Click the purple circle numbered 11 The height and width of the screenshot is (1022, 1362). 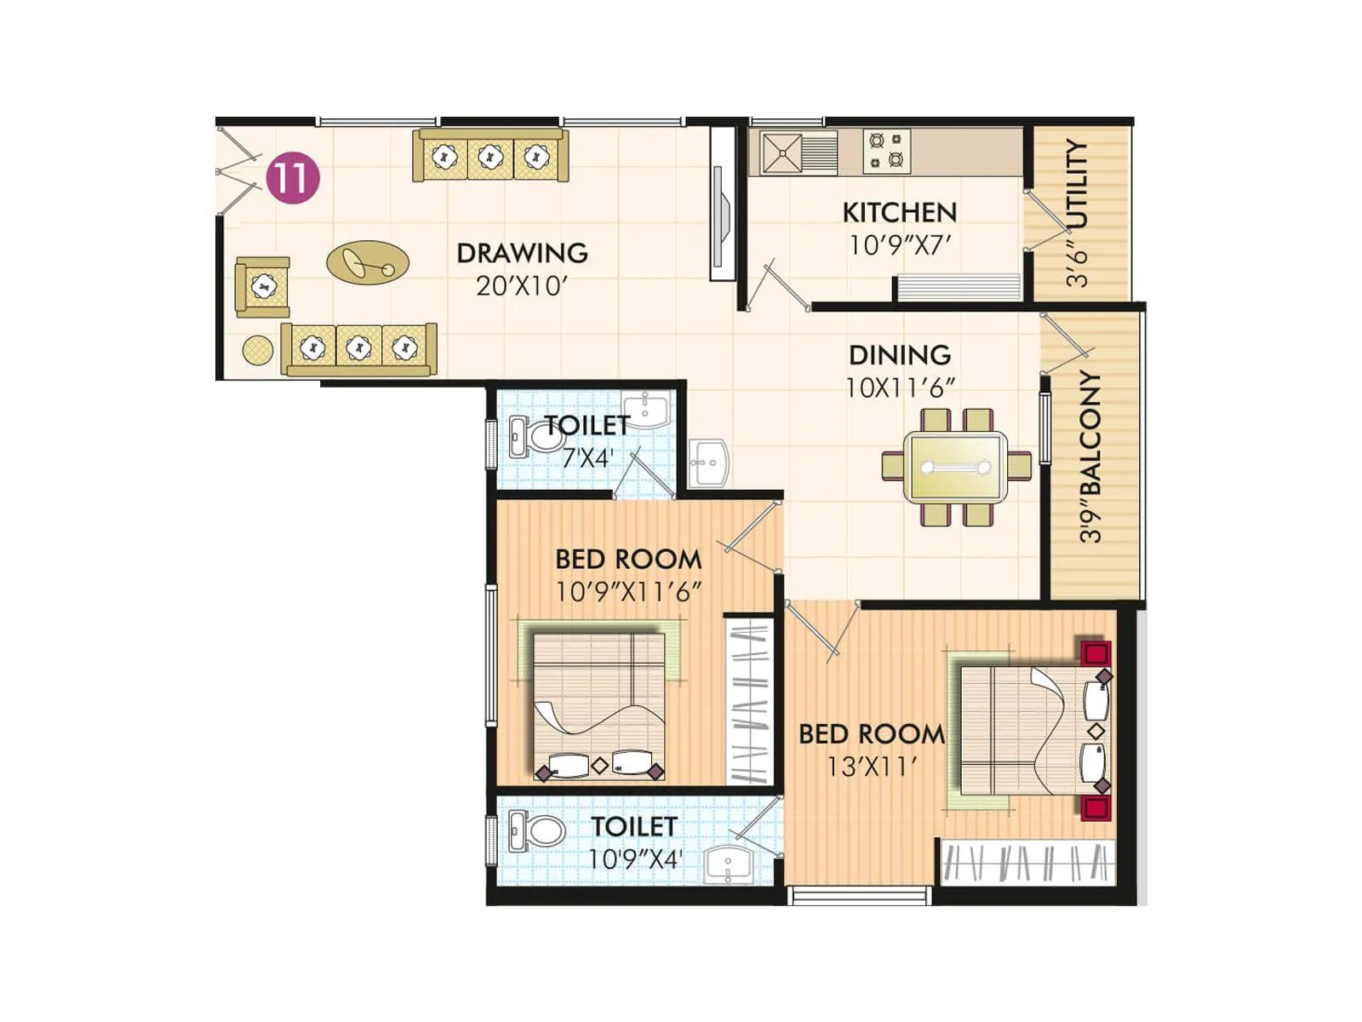293,178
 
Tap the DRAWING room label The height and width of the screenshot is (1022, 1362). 522,253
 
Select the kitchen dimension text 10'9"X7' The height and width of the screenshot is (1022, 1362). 899,245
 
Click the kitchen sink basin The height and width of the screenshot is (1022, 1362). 781,153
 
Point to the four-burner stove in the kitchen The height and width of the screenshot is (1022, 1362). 886,151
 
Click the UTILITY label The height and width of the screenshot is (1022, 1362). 1077,184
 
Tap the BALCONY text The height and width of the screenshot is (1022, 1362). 1090,434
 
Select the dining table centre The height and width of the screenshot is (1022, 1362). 956,467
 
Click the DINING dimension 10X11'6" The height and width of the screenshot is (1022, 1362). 899,388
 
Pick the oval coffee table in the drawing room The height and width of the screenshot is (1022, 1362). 368,262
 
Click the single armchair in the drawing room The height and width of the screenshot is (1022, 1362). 263,287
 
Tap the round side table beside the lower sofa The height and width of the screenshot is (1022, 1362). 257,348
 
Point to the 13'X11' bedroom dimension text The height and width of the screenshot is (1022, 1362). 871,766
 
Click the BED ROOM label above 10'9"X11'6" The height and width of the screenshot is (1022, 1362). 628,560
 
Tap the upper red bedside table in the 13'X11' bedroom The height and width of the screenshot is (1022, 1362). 1096,653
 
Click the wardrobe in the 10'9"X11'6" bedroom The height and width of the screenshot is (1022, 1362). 750,701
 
